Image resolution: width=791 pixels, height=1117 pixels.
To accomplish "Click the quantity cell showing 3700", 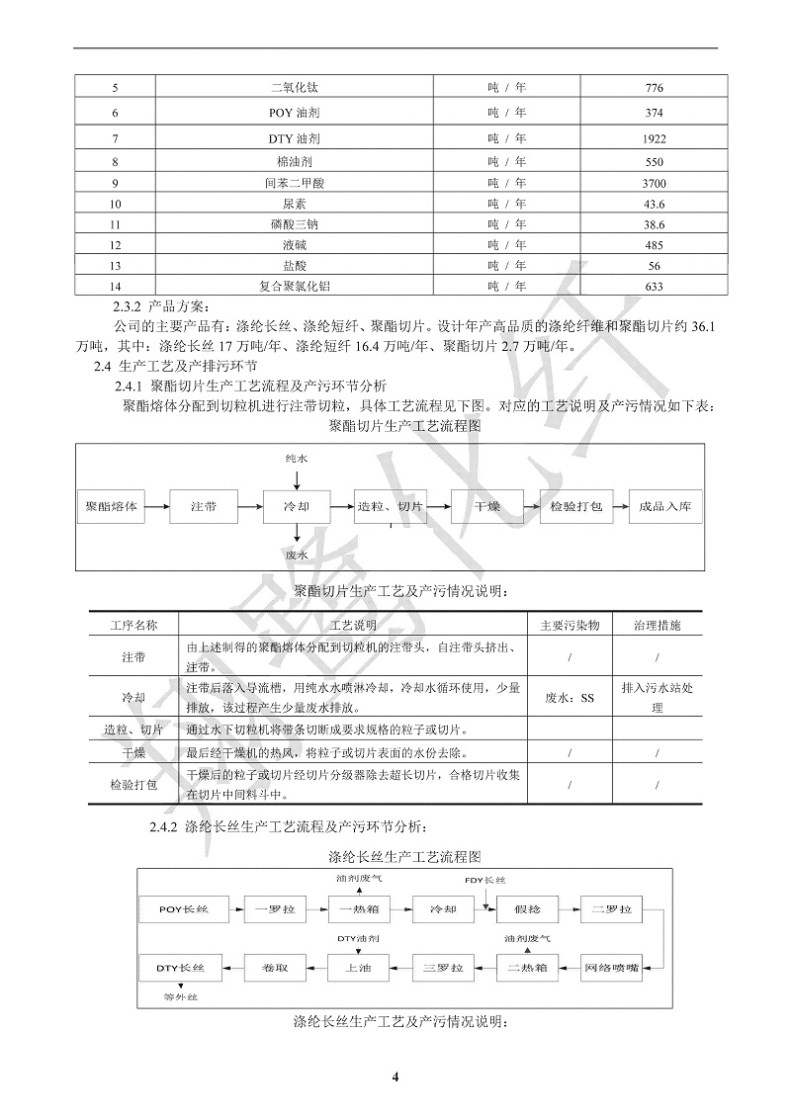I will point(653,183).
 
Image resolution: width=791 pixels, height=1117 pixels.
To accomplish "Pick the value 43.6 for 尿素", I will point(653,204).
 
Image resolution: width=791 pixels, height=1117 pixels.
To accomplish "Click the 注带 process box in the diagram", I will point(204,506).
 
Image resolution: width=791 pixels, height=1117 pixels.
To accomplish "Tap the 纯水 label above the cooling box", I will point(297,460).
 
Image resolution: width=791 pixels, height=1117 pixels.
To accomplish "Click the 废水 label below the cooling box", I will point(297,556).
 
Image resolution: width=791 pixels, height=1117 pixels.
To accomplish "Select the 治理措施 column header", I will point(657,626).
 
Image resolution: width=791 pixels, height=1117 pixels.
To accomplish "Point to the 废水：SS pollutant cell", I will point(571,698).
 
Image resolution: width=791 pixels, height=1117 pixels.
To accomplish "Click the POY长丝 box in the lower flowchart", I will point(184,907).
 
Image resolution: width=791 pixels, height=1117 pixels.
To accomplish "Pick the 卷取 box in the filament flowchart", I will point(275,967).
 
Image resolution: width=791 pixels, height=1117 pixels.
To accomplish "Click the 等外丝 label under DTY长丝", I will point(182,997).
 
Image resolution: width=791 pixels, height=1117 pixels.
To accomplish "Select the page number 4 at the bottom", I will point(395,1077).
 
